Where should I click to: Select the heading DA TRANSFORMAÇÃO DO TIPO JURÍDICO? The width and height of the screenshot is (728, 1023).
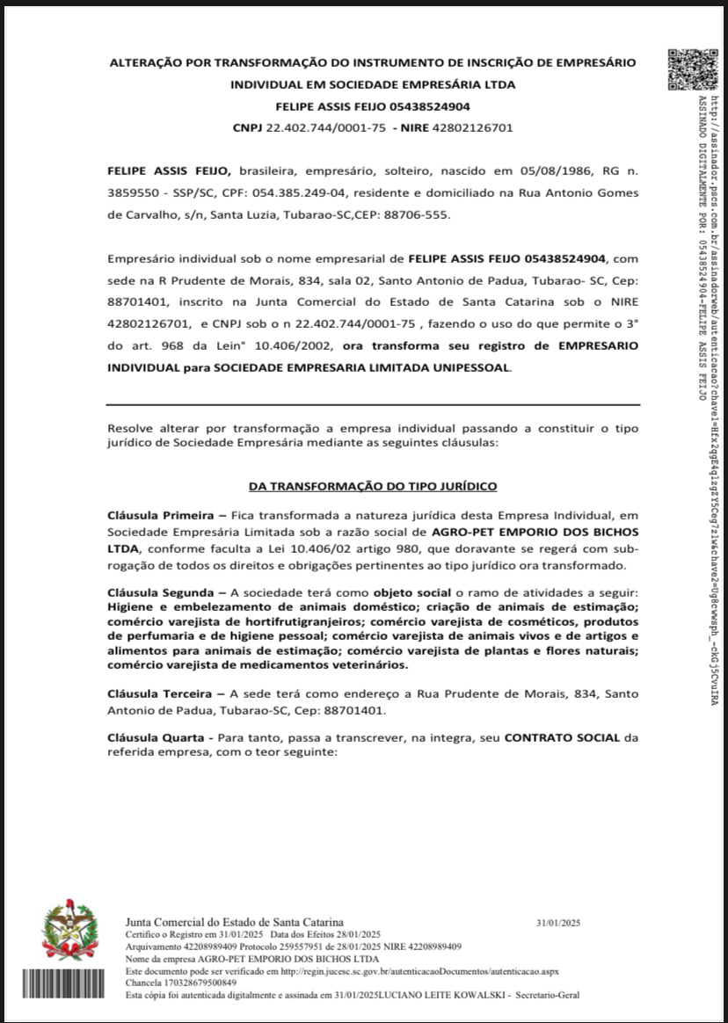(x=373, y=485)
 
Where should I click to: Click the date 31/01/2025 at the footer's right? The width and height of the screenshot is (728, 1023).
(x=558, y=923)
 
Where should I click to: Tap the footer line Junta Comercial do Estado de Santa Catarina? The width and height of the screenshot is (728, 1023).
(x=235, y=920)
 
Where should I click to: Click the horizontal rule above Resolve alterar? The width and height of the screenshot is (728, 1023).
(x=373, y=405)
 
